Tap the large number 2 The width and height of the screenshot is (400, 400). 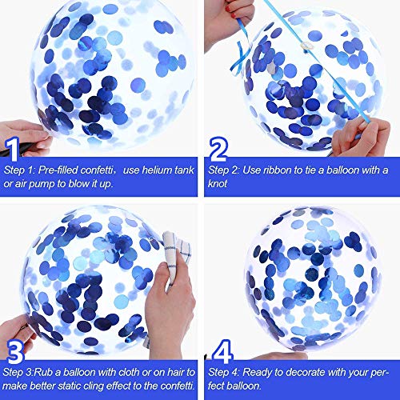pyautogui.click(x=218, y=149)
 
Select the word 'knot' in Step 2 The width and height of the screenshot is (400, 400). pyautogui.click(x=218, y=184)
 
